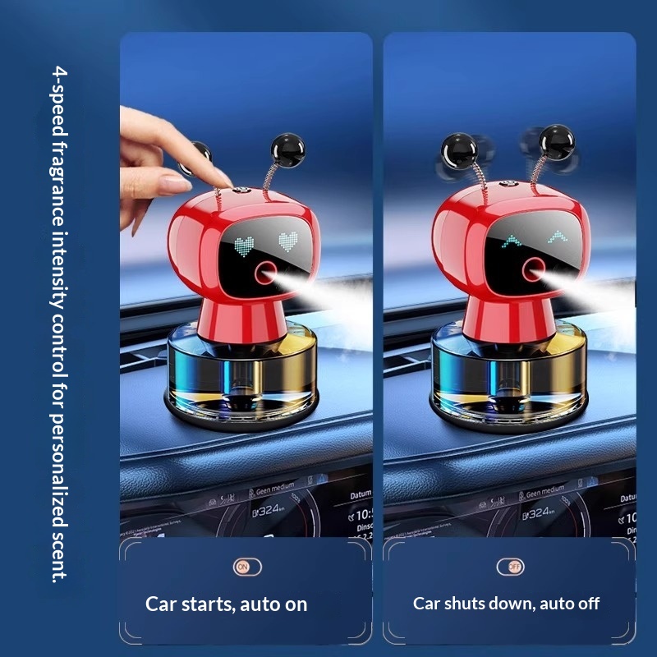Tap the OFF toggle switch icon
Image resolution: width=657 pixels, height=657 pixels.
click(x=510, y=567)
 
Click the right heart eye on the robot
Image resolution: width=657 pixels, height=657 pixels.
click(x=287, y=241)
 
